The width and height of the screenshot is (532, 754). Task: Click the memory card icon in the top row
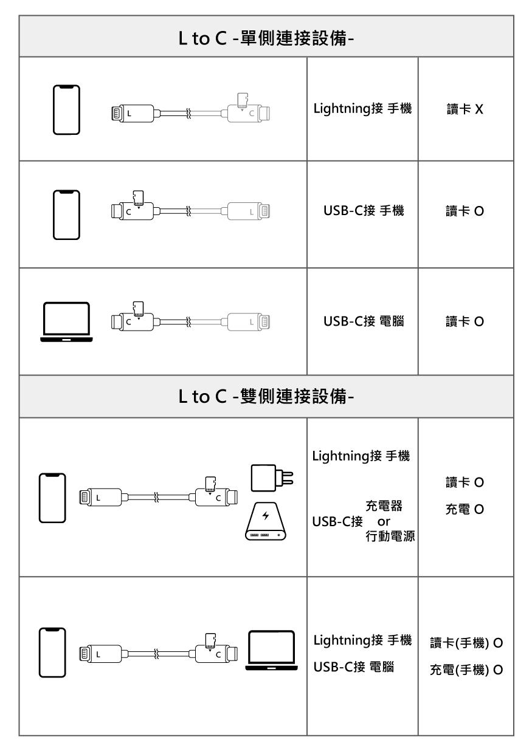[242, 98]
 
